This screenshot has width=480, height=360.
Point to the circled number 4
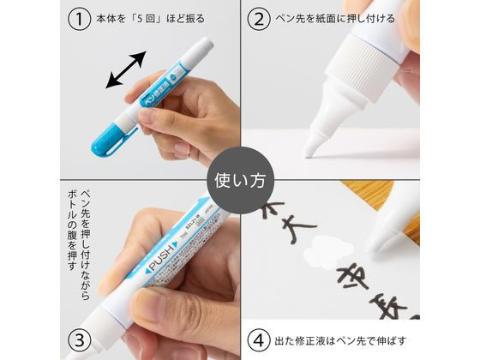coord(257,339)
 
